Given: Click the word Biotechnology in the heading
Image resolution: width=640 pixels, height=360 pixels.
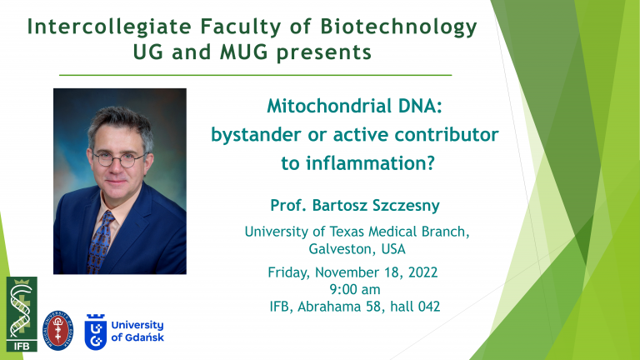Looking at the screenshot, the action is (398, 27).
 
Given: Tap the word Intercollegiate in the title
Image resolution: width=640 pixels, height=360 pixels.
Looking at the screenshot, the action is (109, 27).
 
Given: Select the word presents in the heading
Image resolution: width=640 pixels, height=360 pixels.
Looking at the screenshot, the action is (323, 53).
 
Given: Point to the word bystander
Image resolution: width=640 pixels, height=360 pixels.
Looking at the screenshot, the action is (256, 135).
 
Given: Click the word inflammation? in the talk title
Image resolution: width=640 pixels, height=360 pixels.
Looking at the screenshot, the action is (370, 163).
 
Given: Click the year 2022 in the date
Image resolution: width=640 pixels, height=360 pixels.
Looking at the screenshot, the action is (422, 272).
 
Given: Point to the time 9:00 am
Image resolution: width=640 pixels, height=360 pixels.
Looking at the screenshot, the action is (355, 289).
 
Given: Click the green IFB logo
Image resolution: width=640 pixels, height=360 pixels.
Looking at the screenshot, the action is (22, 314).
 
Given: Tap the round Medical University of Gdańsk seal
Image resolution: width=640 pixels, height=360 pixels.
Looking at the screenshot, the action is (58, 330).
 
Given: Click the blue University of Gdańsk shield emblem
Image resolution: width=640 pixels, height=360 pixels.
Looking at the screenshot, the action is (96, 332).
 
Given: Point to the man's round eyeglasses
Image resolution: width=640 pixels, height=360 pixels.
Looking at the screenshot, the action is (120, 159).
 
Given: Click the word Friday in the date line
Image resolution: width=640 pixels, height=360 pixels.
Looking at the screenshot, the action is (289, 272).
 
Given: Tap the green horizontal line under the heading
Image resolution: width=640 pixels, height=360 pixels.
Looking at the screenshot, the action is (256, 75).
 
